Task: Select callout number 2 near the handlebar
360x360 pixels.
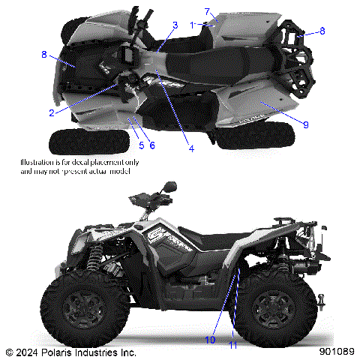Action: (52, 112)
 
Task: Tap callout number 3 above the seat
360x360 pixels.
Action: (175, 25)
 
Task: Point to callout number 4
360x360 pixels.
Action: (191, 148)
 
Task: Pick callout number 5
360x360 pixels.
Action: (141, 144)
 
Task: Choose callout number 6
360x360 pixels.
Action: (151, 144)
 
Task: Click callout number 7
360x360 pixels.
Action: (207, 12)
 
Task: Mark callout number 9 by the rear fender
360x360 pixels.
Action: (306, 122)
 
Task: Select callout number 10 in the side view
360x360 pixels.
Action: (210, 340)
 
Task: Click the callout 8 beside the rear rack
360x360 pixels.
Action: (322, 31)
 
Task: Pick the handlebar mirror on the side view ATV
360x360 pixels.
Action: (170, 186)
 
